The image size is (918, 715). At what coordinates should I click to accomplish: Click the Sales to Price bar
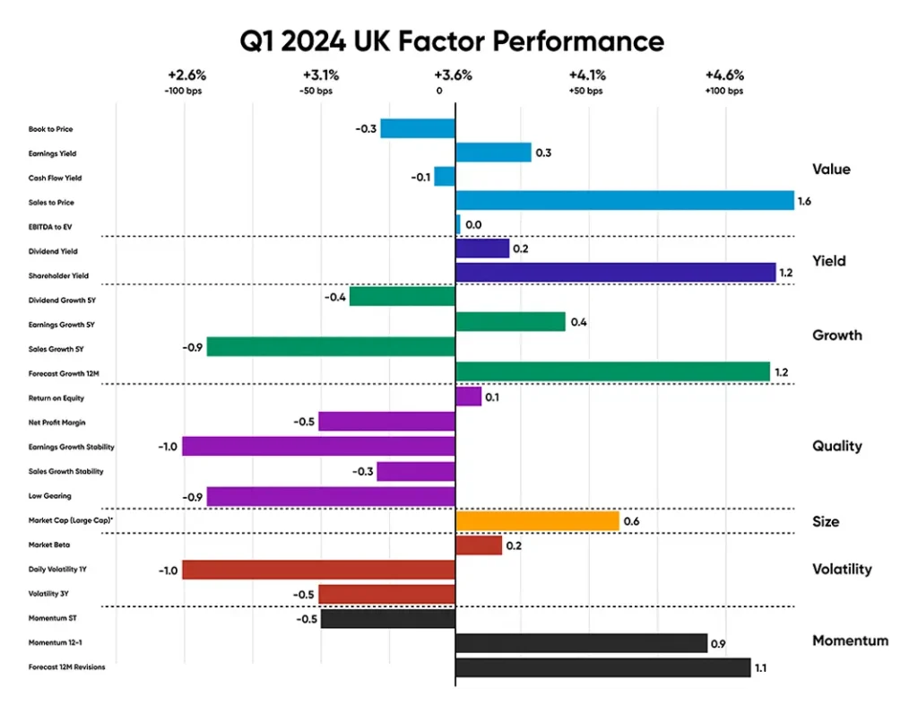tap(625, 202)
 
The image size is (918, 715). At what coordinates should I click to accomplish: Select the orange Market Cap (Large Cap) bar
tap(537, 520)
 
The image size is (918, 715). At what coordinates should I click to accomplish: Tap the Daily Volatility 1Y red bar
tap(319, 570)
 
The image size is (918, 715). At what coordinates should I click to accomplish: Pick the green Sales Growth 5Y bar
tap(331, 347)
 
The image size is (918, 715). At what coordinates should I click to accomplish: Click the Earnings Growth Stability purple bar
tap(319, 446)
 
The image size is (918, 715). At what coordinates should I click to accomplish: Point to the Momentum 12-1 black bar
tap(581, 642)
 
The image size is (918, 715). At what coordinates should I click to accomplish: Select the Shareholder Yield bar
tap(615, 273)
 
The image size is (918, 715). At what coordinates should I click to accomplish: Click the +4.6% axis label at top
tap(724, 75)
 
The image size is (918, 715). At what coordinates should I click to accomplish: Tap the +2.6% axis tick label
tap(186, 75)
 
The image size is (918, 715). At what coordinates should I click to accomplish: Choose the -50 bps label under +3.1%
tap(316, 91)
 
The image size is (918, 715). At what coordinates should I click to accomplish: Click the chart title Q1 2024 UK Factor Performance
tap(452, 41)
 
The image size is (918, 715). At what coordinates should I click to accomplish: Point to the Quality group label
tap(836, 446)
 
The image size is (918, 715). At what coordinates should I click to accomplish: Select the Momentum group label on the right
tap(850, 641)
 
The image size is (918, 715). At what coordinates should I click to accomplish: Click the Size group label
tap(826, 521)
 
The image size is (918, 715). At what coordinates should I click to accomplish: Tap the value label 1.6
tap(804, 203)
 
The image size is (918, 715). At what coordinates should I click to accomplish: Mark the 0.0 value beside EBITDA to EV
tap(472, 227)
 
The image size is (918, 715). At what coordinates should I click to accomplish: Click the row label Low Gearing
tap(49, 495)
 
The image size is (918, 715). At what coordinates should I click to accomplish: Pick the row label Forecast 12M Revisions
tap(67, 667)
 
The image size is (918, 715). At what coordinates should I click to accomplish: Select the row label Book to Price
tap(51, 129)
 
